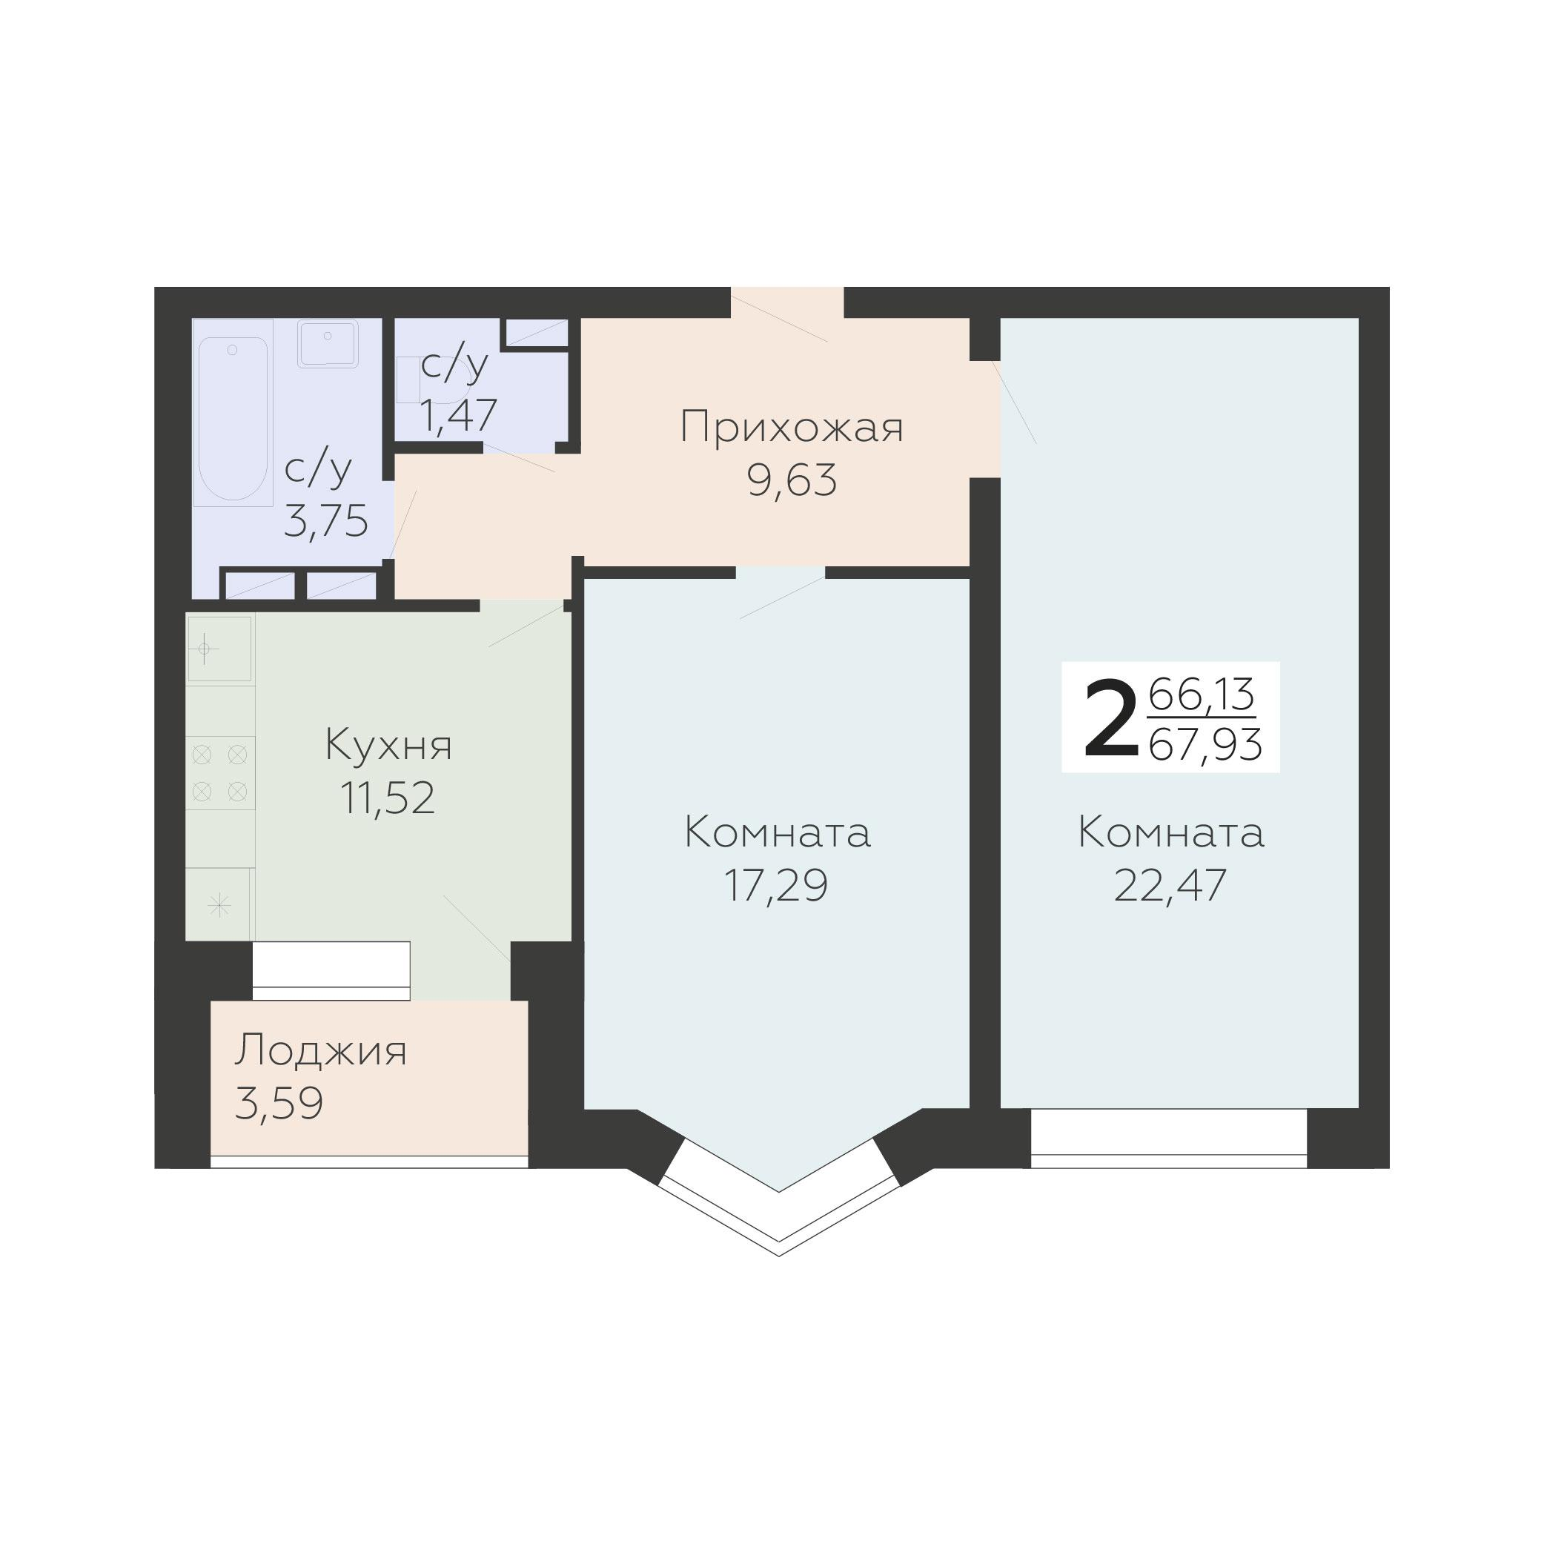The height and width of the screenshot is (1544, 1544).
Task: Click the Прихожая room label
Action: point(791,428)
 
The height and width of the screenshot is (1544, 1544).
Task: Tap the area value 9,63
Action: point(791,480)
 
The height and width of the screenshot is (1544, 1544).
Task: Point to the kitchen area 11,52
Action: point(388,798)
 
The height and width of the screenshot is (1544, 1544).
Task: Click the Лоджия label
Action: point(320,1050)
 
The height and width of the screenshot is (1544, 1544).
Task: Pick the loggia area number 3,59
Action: point(279,1104)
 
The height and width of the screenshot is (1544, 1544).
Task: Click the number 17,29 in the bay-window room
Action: point(775,886)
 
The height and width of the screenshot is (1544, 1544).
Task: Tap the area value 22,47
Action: point(1170,886)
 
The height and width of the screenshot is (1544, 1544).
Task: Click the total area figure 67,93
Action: point(1205,745)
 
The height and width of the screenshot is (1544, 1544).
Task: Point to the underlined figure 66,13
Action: point(1201,694)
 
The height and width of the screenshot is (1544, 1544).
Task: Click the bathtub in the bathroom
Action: point(233,416)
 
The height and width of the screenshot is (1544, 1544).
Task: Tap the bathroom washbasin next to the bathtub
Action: point(328,344)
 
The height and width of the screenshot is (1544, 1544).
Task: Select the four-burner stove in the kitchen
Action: point(219,773)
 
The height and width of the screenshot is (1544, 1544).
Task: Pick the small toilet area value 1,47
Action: point(459,416)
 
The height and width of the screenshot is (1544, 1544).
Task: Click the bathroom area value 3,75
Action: point(326,521)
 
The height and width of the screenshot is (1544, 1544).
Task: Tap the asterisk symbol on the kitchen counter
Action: point(218,906)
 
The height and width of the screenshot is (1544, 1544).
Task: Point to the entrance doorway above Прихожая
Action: point(787,304)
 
